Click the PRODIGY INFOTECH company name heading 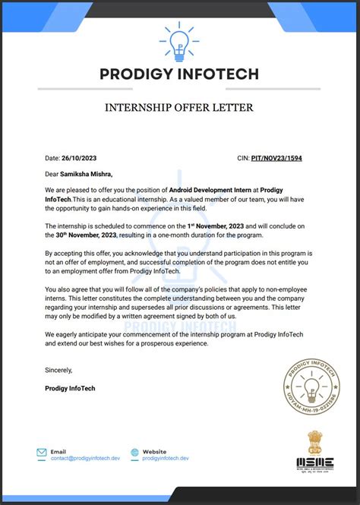pos(179,74)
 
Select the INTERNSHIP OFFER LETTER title pos(179,108)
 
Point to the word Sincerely pos(58,370)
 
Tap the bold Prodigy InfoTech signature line pos(71,388)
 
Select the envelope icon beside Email pos(42,453)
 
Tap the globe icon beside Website pos(134,453)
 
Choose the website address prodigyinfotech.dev pos(166,459)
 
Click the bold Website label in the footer pos(155,451)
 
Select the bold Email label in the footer pos(58,451)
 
